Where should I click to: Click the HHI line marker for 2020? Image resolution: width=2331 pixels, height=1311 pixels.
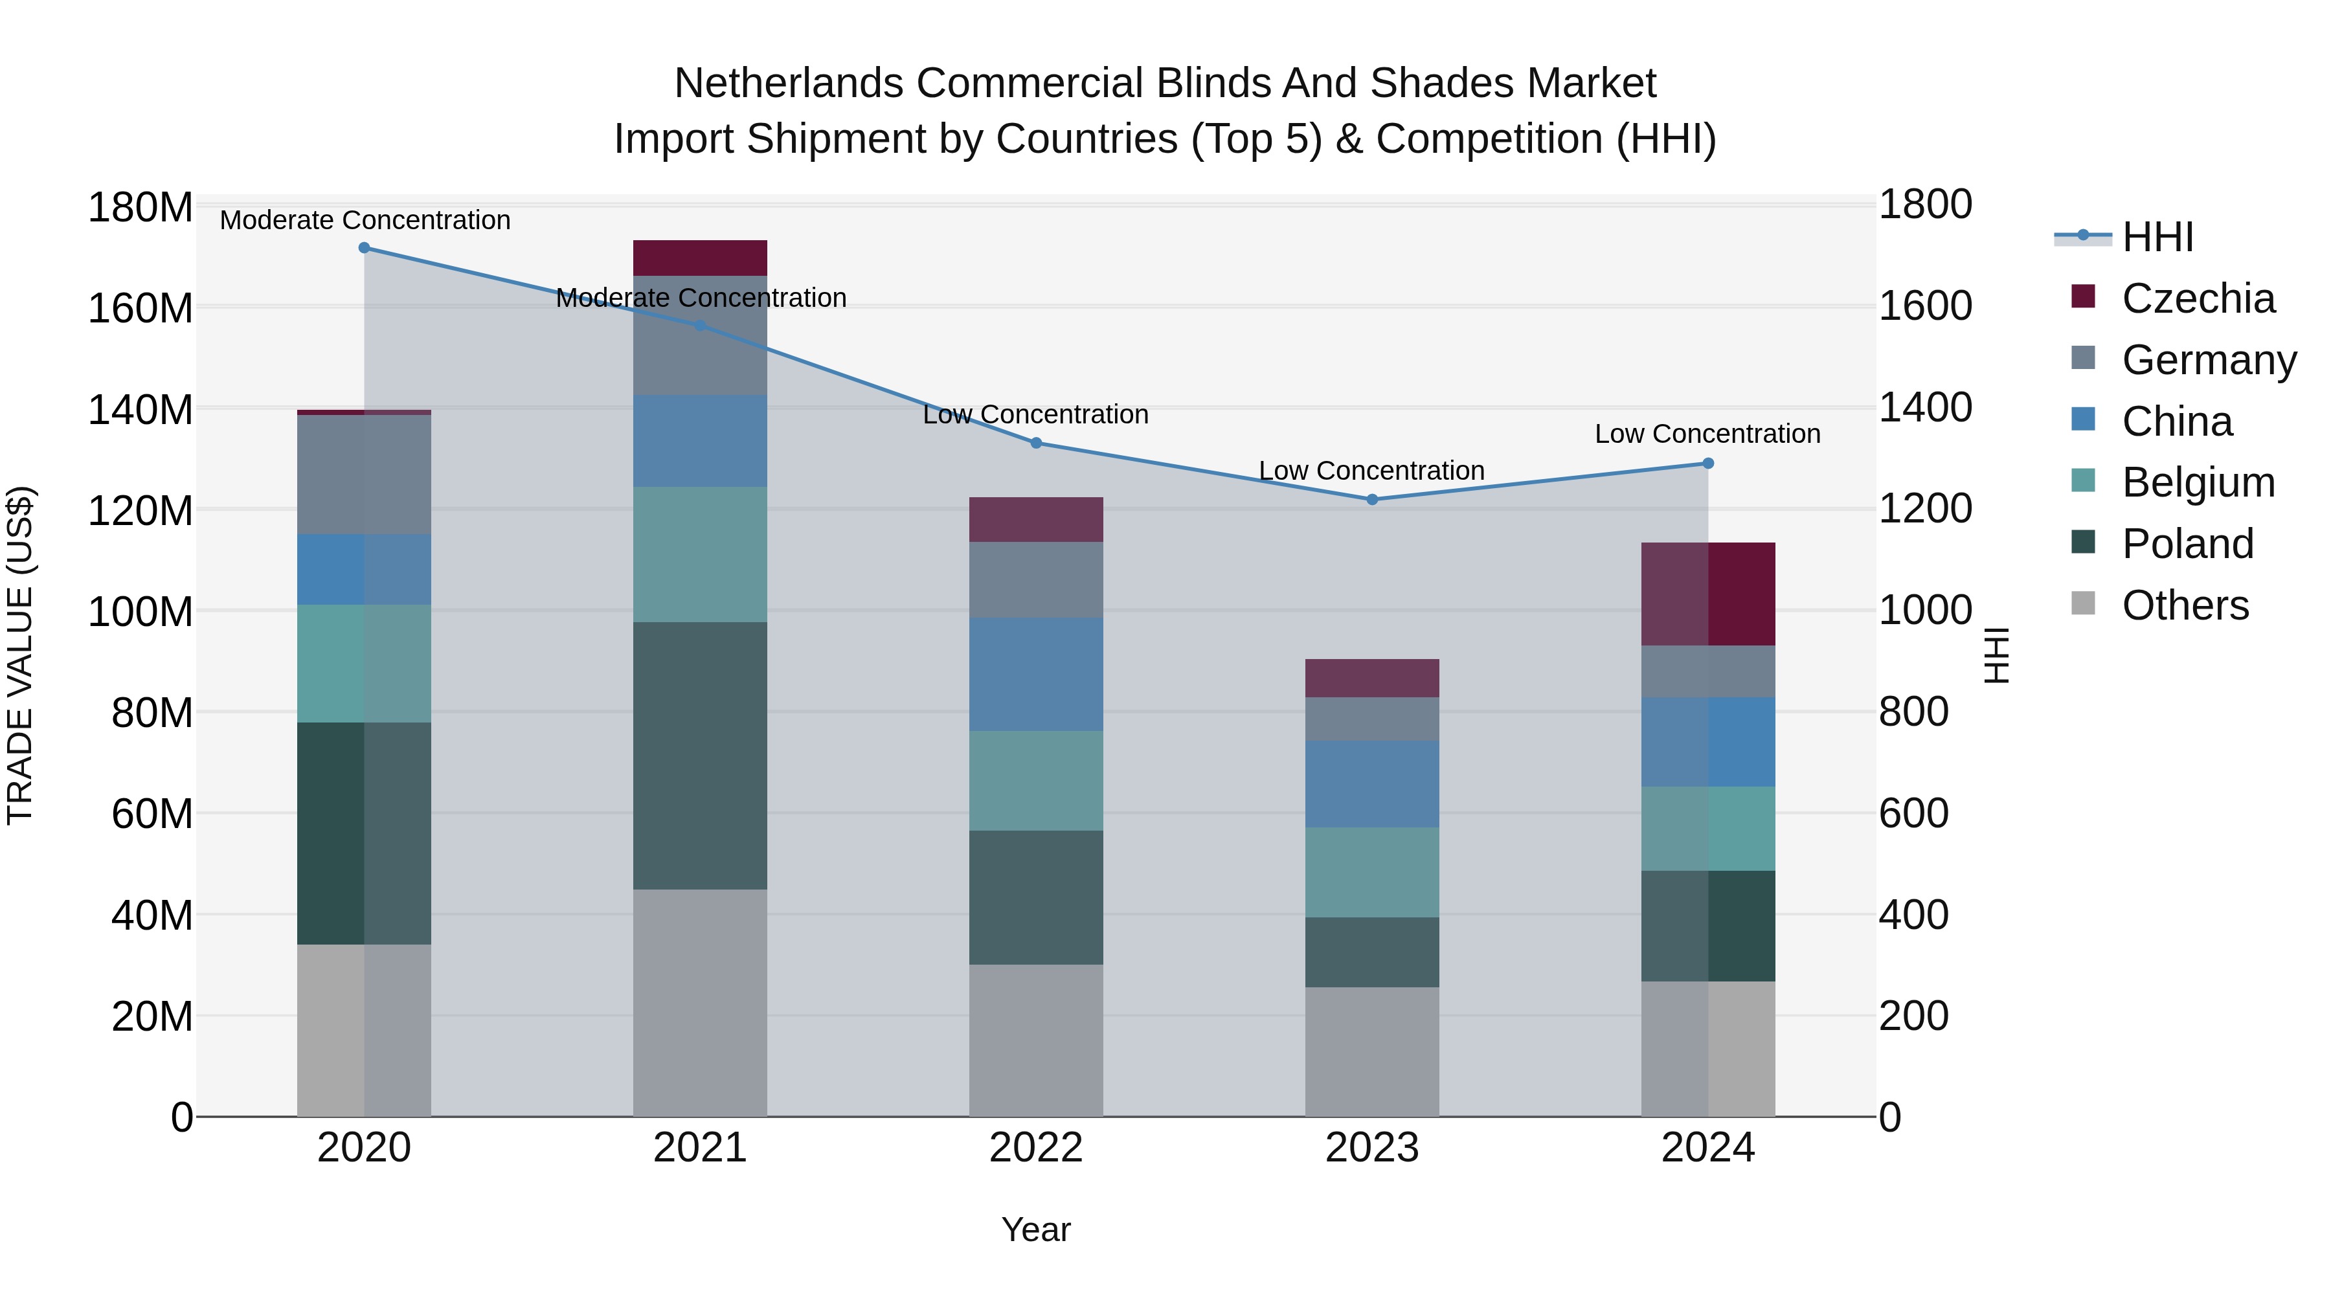pos(364,248)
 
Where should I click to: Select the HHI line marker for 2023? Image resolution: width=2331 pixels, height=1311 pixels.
pos(1372,499)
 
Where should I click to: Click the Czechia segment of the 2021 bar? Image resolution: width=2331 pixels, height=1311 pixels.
pos(699,258)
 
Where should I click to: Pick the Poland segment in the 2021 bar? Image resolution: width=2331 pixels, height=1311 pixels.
pos(699,756)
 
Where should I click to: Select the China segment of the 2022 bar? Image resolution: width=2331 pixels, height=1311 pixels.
pos(1036,674)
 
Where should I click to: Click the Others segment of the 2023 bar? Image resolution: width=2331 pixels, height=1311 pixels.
pos(1372,1051)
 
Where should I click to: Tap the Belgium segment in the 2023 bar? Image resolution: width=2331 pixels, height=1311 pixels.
pos(1372,872)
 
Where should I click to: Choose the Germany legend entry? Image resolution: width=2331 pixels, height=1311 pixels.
pos(2208,360)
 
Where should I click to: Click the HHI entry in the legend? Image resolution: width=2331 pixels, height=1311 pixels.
pos(2157,237)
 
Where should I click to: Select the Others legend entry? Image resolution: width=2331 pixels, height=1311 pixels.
pos(2185,605)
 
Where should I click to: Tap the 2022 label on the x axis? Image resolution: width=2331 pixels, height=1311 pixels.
pos(1036,1148)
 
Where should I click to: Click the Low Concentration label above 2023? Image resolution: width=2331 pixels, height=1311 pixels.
pos(1372,471)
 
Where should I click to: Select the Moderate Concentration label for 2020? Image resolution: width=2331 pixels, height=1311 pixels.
pos(365,220)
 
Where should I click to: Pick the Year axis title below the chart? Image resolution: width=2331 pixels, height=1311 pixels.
pos(1036,1229)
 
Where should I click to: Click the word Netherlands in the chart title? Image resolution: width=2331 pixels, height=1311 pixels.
pos(788,84)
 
